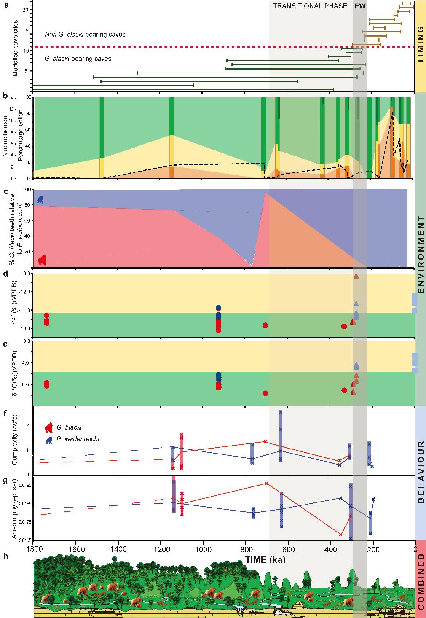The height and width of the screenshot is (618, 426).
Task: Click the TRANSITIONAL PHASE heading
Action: click(310, 6)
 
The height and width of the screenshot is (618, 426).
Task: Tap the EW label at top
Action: click(360, 6)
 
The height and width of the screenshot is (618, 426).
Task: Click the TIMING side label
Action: click(420, 44)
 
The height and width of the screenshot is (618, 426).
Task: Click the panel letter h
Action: click(5, 556)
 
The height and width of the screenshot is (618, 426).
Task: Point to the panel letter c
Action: click(5, 191)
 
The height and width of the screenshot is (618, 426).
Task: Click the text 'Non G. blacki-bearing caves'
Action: click(85, 35)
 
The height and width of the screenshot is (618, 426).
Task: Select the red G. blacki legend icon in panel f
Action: click(49, 427)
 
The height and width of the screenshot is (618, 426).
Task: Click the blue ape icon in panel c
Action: click(40, 200)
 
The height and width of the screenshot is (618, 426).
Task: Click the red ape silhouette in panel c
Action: click(42, 260)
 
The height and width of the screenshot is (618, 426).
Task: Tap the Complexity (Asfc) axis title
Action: click(15, 441)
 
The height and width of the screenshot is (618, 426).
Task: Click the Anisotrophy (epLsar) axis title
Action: click(15, 508)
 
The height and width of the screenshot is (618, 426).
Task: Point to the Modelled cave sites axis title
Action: click(15, 50)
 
